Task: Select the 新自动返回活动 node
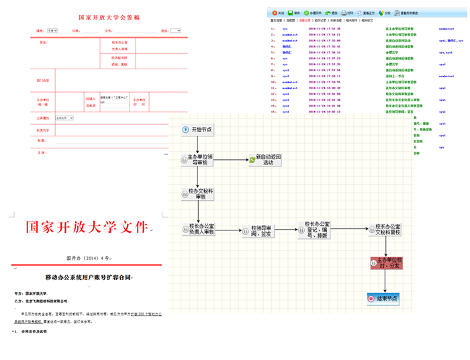point(267,160)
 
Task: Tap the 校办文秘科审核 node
point(197,195)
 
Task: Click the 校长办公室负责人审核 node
point(202,229)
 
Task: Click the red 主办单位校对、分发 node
point(387,264)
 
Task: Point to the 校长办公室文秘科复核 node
point(387,230)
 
